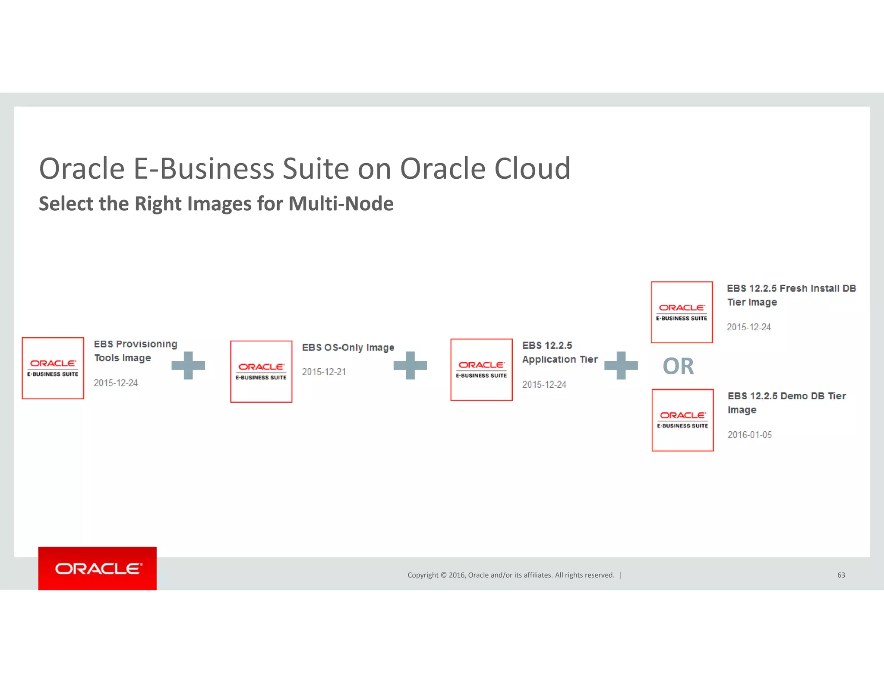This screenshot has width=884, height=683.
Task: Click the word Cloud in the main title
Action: [532, 168]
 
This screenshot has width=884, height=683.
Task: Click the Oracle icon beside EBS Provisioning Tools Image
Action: [53, 368]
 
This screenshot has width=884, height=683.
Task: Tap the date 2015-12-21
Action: [324, 372]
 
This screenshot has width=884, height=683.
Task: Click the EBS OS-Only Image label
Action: [348, 348]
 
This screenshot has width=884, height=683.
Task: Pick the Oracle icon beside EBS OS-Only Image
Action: [261, 372]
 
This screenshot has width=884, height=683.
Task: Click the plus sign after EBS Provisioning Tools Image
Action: [188, 366]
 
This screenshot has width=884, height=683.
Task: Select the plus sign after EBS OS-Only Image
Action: [410, 366]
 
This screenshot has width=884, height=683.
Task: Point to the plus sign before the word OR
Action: [621, 366]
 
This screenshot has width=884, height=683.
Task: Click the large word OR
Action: [678, 367]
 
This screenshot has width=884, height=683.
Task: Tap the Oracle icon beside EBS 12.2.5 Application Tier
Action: [481, 370]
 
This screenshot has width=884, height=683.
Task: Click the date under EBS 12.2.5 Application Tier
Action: [544, 385]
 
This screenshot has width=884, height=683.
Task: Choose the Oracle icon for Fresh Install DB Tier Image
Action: [682, 313]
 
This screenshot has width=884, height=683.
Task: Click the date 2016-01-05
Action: [749, 435]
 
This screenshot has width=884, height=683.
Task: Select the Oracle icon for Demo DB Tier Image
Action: [682, 420]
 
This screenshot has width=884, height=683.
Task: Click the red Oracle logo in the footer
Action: [98, 569]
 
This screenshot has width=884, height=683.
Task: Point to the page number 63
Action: [841, 575]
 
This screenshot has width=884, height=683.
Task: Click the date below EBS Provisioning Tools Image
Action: [116, 383]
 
